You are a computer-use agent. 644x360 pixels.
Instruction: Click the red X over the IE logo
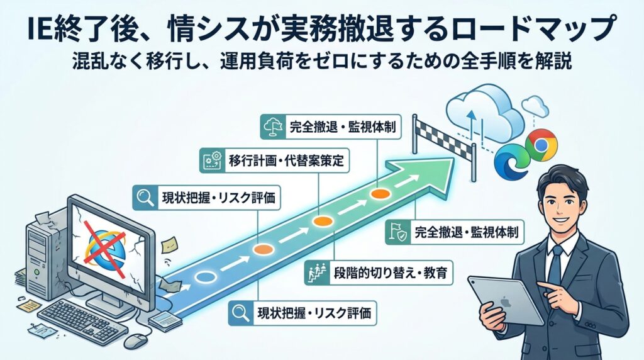tap(104, 246)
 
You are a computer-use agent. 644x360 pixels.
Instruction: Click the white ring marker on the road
tap(206, 276)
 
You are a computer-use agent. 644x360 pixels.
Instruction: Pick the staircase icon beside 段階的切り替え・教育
tap(314, 274)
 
